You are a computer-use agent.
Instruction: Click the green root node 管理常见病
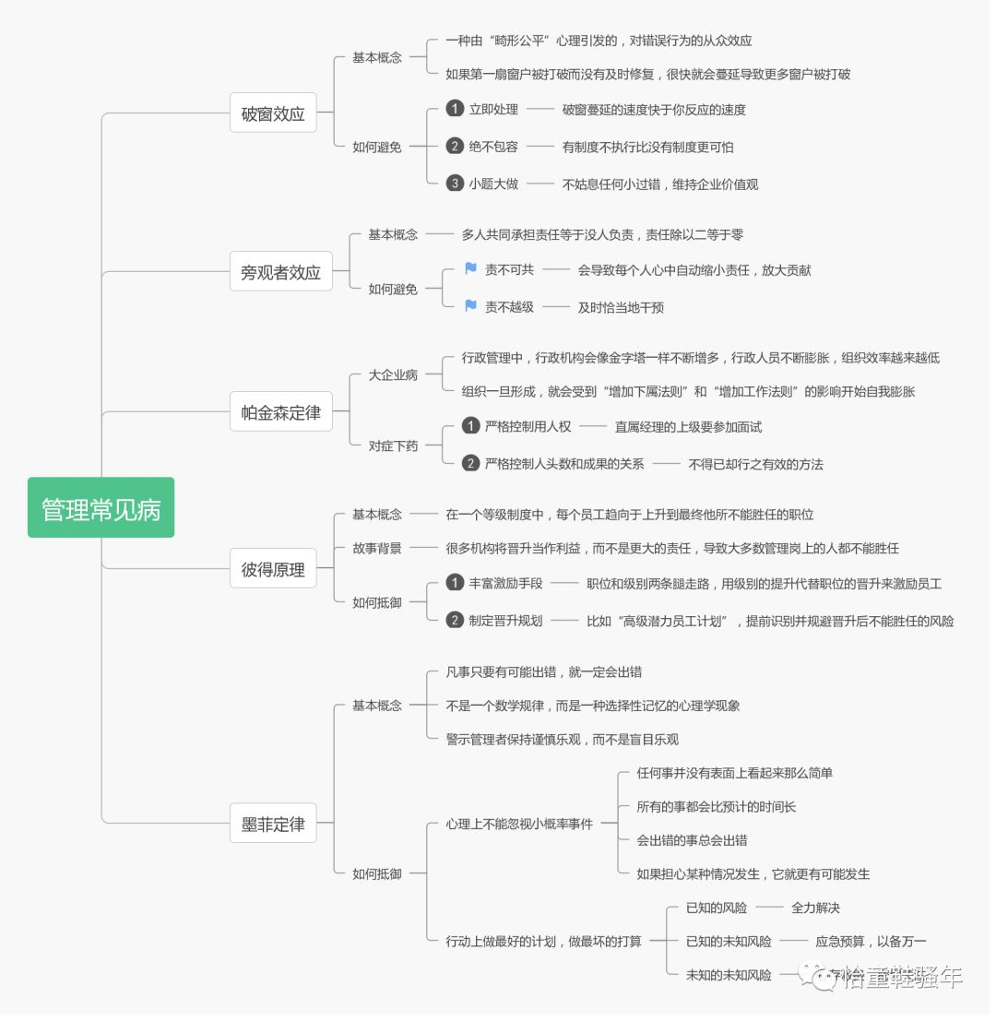101,508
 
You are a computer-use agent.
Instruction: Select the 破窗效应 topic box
273,115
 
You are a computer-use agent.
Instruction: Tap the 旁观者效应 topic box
280,272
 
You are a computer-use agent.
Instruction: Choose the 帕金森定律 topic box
280,412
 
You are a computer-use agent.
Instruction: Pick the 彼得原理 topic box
273,570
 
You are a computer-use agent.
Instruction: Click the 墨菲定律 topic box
273,824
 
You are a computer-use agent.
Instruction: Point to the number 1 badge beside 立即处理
455,109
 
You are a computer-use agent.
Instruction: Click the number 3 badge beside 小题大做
455,184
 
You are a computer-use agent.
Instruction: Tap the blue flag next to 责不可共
470,269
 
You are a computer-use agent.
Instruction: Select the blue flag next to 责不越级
470,306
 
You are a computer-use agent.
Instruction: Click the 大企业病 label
393,374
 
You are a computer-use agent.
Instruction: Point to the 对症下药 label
393,445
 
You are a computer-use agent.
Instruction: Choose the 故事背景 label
377,548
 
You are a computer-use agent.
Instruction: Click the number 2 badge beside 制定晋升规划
455,620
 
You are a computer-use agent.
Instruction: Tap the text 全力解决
815,908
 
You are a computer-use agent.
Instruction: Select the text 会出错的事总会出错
692,840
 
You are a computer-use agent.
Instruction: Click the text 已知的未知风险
729,942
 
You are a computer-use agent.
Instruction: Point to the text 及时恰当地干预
621,307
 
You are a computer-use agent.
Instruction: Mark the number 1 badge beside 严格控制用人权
470,426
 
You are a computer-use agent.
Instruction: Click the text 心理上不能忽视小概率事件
519,824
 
